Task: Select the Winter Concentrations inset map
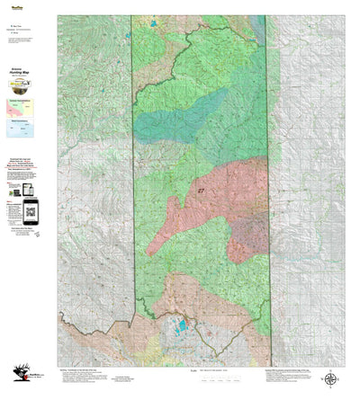pyautogui.click(x=21, y=129)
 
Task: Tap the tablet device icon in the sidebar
pyautogui.click(x=15, y=192)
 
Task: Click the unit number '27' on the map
pyautogui.click(x=199, y=191)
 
